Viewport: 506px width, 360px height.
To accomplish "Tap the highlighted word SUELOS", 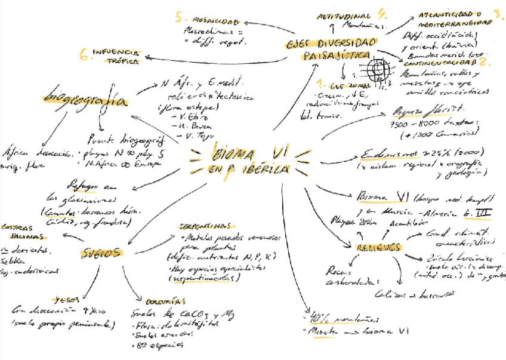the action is tap(101, 253).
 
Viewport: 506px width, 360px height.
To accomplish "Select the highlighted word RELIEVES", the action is tap(378, 247).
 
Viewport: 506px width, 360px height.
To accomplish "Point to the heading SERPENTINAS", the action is tap(202, 227).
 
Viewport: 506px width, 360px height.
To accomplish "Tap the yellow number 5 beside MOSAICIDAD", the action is tap(179, 17).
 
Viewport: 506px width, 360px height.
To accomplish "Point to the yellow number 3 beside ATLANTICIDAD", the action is tap(498, 14).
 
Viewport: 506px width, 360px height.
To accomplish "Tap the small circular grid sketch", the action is tap(378, 69).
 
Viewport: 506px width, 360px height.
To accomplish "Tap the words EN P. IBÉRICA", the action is tap(249, 170).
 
